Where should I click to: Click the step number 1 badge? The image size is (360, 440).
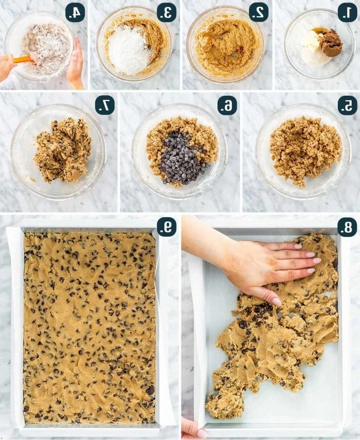tap(347, 13)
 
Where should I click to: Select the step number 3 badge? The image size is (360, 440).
tap(166, 13)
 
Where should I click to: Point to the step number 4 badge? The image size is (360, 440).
tap(75, 13)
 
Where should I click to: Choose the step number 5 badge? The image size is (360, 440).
tap(347, 106)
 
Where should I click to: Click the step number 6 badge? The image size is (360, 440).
tap(227, 106)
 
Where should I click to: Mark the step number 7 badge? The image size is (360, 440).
tap(105, 105)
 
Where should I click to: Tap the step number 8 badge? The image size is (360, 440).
tap(347, 227)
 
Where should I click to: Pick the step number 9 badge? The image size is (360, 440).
tap(166, 227)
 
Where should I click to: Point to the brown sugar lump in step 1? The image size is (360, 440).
tap(331, 43)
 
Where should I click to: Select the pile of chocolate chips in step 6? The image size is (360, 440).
tap(182, 158)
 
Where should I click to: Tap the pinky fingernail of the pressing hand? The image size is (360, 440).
tap(277, 301)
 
